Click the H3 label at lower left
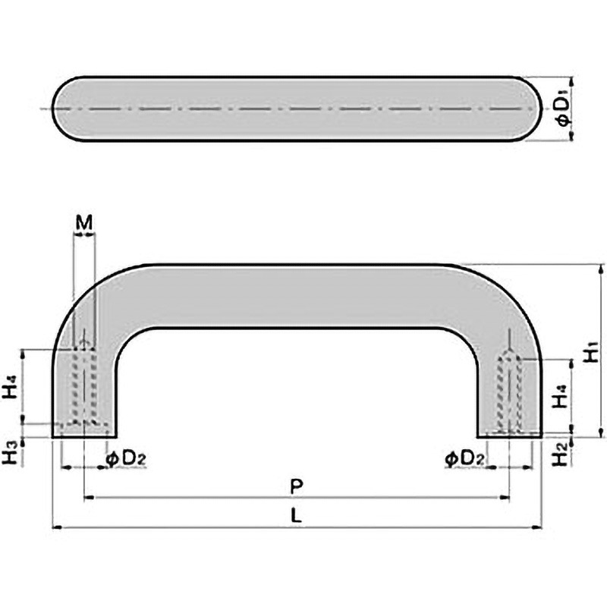(x=10, y=454)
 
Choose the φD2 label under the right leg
(x=461, y=458)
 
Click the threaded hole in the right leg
(x=508, y=391)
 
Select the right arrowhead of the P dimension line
(x=504, y=498)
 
